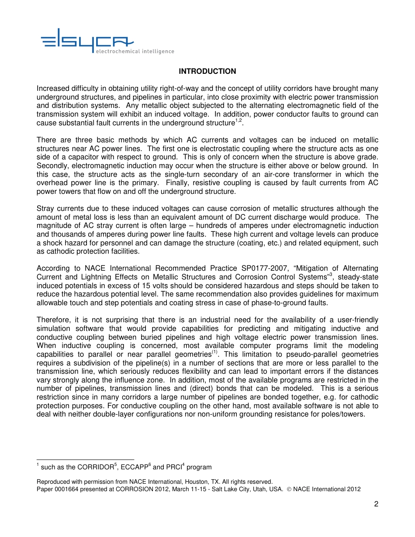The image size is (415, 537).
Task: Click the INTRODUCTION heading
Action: [207, 71]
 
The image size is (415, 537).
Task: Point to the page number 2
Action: [376, 505]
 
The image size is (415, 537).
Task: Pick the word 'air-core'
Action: [282, 174]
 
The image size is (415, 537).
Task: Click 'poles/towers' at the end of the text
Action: [343, 414]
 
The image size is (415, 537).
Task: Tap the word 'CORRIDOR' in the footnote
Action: [95, 467]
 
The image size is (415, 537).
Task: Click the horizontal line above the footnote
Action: [85, 459]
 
